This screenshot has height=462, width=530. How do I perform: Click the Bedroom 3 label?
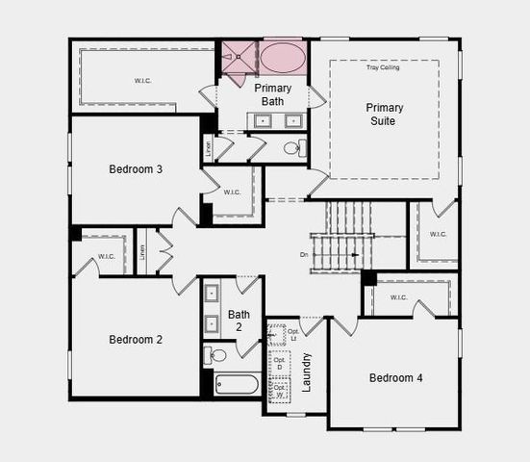click(135, 169)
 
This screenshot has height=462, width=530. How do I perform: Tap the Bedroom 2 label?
click(135, 340)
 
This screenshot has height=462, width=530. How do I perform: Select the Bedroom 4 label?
click(395, 377)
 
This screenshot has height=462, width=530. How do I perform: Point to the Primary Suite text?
click(384, 115)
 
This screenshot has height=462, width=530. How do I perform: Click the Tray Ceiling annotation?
click(382, 67)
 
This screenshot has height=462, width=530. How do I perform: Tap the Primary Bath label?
click(273, 94)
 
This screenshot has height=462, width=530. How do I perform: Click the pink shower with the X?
click(239, 58)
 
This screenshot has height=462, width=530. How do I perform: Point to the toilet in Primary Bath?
click(294, 148)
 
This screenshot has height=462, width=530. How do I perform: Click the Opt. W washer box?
click(278, 391)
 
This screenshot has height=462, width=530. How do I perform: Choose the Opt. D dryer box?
click(278, 364)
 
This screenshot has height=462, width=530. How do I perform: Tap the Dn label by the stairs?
click(304, 254)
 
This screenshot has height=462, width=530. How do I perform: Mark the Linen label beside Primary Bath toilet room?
click(209, 149)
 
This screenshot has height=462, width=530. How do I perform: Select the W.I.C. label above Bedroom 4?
click(399, 297)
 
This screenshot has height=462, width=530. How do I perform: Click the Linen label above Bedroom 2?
click(142, 251)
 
